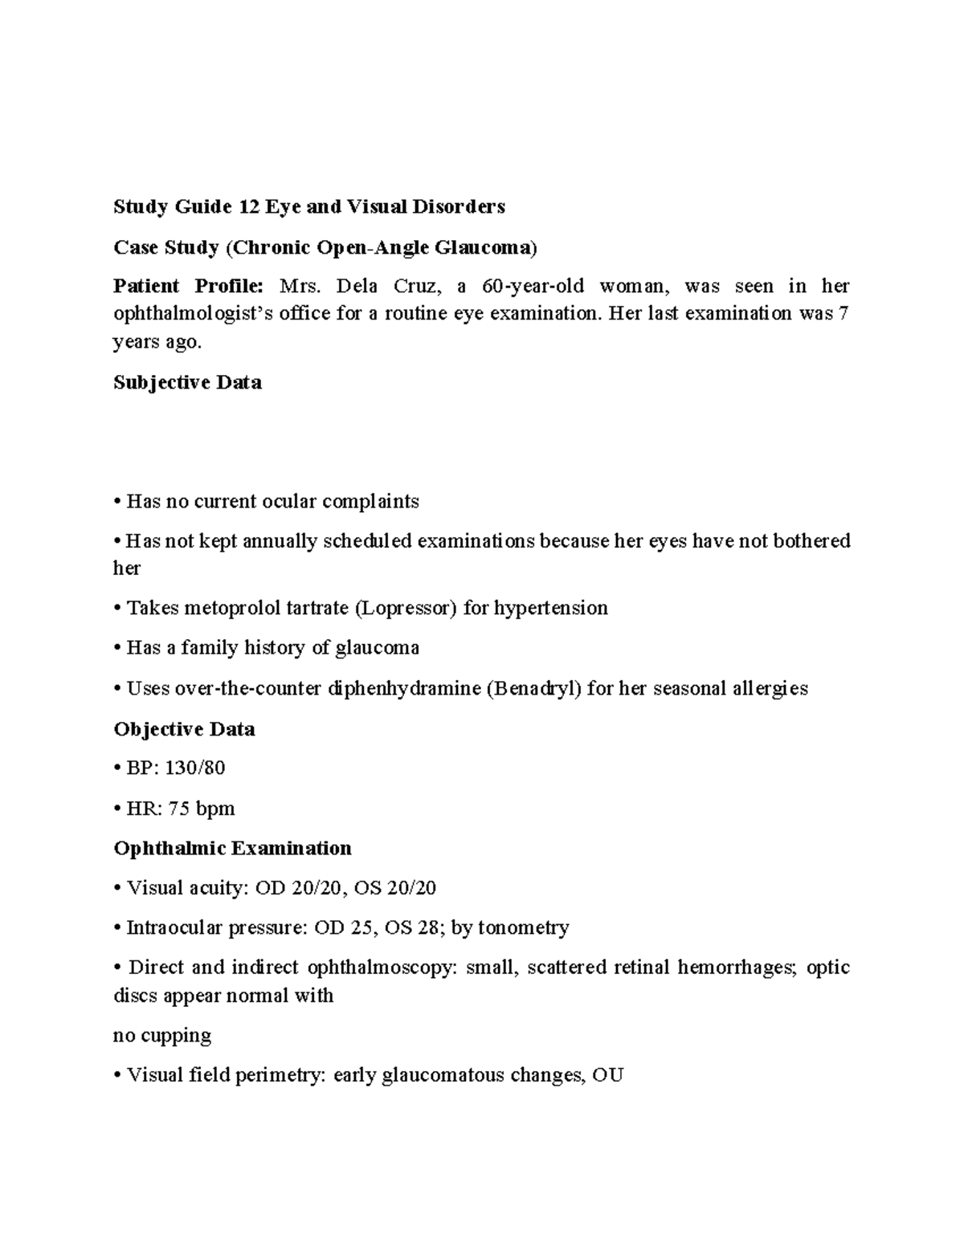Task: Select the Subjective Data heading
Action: pyautogui.click(x=187, y=383)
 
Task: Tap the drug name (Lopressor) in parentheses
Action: pyautogui.click(x=405, y=608)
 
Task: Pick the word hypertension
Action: pyautogui.click(x=550, y=608)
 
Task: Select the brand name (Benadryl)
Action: pyautogui.click(x=533, y=688)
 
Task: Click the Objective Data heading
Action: pyautogui.click(x=184, y=729)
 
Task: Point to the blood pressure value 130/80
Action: pyautogui.click(x=195, y=768)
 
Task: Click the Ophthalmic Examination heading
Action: pyautogui.click(x=232, y=849)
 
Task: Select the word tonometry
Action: pyautogui.click(x=523, y=928)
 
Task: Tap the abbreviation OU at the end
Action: pyautogui.click(x=607, y=1075)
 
